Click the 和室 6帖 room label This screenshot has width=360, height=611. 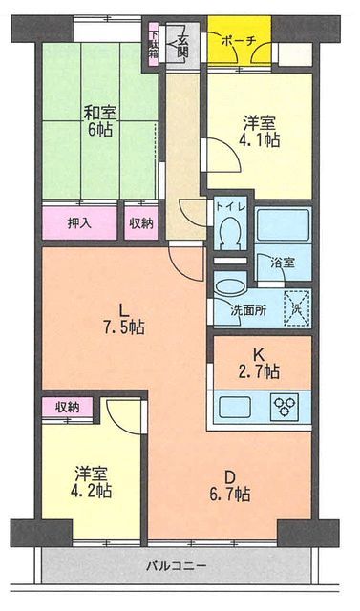point(99,121)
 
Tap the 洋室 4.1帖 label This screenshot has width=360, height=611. point(261,132)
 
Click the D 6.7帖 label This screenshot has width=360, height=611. point(230,486)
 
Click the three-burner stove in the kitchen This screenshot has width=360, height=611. point(285,407)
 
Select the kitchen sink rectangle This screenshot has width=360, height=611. point(233,407)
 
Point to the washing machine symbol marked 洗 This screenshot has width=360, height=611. point(297,308)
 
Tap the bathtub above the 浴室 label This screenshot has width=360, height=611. point(284,225)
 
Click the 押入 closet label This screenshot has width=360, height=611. point(79,223)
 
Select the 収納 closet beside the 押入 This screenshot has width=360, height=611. point(141,223)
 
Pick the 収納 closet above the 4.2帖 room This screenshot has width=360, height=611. point(68,408)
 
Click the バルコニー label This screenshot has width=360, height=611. point(176,565)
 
